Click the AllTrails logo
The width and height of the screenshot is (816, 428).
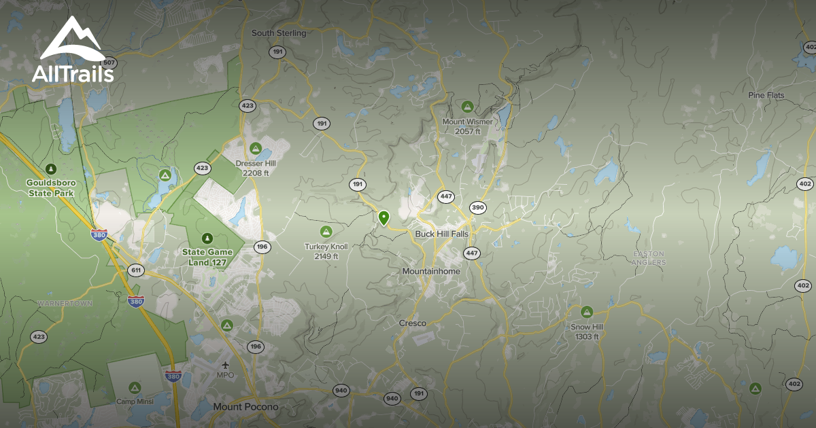(x=72, y=51)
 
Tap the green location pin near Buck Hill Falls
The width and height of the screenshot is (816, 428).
(x=384, y=218)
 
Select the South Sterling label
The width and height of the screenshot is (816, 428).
(x=279, y=33)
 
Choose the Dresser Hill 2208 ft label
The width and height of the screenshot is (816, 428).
(x=256, y=168)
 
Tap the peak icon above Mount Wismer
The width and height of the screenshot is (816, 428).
(x=467, y=107)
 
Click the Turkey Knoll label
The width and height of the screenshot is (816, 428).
(x=326, y=251)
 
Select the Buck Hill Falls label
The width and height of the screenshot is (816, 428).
(x=442, y=234)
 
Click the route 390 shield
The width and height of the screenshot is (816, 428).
(x=477, y=208)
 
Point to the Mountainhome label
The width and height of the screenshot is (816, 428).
(x=431, y=271)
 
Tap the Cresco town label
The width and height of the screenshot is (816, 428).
(x=412, y=323)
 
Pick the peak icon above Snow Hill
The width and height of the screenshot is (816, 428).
(x=587, y=312)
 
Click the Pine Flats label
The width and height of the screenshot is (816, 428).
(x=766, y=95)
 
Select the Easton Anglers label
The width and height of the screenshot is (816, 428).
(x=649, y=258)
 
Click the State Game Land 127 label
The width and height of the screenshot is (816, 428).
(x=207, y=257)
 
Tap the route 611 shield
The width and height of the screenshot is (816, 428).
(x=135, y=270)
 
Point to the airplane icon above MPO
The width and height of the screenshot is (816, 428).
(x=225, y=363)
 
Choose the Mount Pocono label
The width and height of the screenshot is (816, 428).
(x=245, y=407)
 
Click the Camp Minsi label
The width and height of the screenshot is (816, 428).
(x=135, y=402)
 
